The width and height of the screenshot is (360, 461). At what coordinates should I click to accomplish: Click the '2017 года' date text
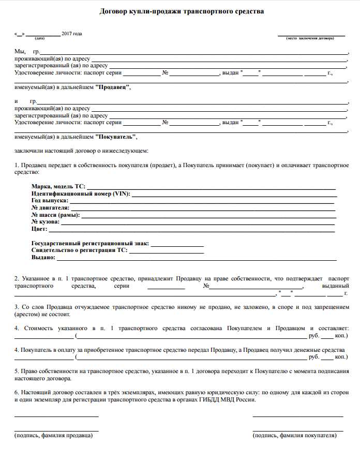(72, 34)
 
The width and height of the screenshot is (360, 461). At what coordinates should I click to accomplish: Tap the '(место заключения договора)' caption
(310, 38)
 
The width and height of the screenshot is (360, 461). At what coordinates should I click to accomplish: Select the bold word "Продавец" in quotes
(113, 87)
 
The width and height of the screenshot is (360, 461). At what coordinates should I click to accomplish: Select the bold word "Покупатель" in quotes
(116, 137)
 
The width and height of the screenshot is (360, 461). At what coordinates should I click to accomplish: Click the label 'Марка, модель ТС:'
(58, 186)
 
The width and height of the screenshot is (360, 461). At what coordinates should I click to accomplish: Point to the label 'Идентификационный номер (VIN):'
(81, 194)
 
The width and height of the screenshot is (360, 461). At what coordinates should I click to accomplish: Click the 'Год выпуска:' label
(50, 200)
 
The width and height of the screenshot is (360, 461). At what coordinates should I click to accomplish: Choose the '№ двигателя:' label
(50, 207)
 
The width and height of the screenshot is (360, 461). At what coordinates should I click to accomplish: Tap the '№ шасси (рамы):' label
(55, 215)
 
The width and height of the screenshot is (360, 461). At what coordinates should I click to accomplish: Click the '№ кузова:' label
(46, 222)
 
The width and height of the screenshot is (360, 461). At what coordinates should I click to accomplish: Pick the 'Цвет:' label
(39, 229)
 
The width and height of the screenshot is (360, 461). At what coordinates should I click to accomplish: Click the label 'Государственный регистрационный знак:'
(90, 243)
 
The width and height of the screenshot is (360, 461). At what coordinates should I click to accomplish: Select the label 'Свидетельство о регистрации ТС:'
(79, 250)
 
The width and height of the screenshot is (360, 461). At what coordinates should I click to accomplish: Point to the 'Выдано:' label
(43, 257)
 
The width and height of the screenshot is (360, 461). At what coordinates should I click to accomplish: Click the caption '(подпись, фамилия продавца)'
(53, 436)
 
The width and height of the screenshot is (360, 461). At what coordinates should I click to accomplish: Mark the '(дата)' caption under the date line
(40, 38)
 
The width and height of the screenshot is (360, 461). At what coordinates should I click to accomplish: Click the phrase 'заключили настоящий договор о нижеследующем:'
(81, 151)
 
